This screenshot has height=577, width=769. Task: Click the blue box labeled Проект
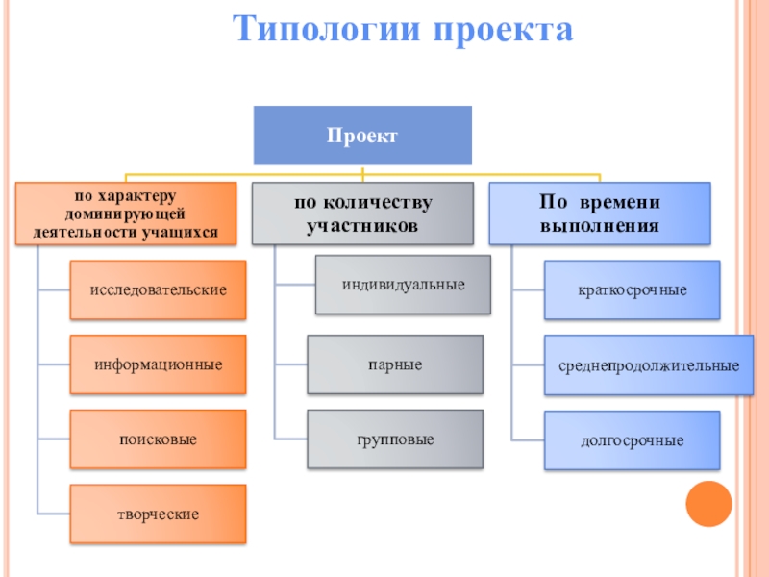(362, 136)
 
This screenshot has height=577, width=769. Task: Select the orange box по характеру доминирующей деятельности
(125, 213)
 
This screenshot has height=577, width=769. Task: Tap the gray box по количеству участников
(362, 213)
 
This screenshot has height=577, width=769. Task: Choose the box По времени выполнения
(600, 213)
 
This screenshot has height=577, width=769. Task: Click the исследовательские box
(158, 288)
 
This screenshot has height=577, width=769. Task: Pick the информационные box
(158, 364)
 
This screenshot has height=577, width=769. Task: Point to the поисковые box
(158, 439)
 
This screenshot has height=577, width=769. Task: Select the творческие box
(158, 514)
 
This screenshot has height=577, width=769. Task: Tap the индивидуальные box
(404, 285)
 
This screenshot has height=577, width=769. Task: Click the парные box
(394, 364)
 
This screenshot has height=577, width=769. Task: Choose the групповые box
(394, 439)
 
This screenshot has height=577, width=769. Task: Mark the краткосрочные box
(633, 289)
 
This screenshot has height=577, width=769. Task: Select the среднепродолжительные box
(649, 365)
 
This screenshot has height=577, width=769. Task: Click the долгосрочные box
(633, 440)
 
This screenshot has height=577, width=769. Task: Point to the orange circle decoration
(709, 502)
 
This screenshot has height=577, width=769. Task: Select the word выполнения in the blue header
(600, 227)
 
